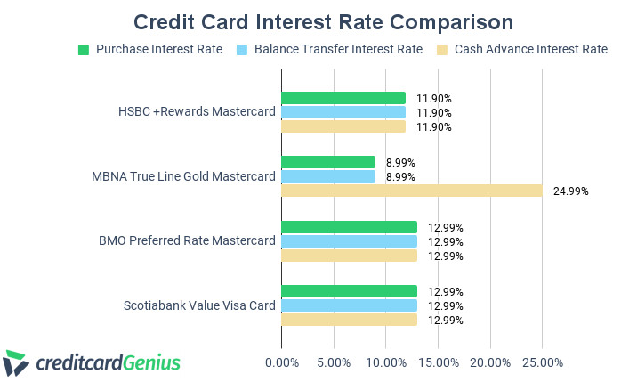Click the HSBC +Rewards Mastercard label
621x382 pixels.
pyautogui.click(x=197, y=112)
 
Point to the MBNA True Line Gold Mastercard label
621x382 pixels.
pyautogui.click(x=183, y=176)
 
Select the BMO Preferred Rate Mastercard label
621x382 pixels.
pyautogui.click(x=188, y=241)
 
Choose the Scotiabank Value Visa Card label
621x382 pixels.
pyautogui.click(x=199, y=305)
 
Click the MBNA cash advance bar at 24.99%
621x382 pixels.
pyautogui.click(x=412, y=191)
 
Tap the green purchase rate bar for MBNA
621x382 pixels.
pyautogui.click(x=328, y=162)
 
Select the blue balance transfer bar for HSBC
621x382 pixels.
pyautogui.click(x=343, y=112)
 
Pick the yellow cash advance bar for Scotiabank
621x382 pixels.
pyautogui.click(x=349, y=320)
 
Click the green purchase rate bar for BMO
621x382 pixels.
pyautogui.click(x=349, y=227)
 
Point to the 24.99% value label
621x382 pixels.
pyautogui.click(x=570, y=191)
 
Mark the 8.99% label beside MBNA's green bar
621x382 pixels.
pyautogui.click(x=401, y=162)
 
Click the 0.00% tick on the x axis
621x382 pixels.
pyautogui.click(x=282, y=362)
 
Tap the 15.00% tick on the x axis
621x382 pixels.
pyautogui.click(x=439, y=362)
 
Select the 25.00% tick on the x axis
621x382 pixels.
pyautogui.click(x=543, y=362)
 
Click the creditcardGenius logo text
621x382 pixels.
pyautogui.click(x=108, y=362)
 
